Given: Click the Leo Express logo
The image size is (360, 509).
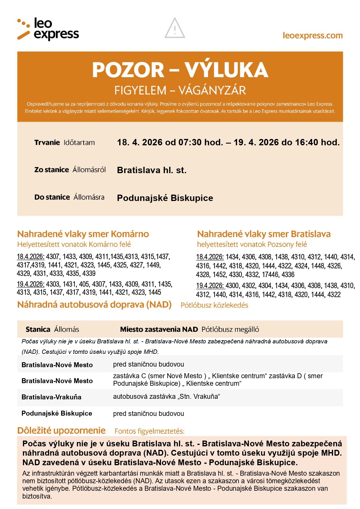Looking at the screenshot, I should point(48,29).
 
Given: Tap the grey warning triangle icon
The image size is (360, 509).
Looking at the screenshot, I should point(175,28).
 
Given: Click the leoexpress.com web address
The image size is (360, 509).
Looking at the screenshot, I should point(312,36).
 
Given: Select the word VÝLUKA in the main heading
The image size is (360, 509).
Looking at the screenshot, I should point(226,70).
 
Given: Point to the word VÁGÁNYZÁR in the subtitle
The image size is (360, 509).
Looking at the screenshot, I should point(212,90).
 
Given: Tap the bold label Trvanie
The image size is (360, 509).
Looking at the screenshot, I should point(47,143).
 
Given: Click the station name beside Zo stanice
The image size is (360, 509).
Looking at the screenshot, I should point(151,170).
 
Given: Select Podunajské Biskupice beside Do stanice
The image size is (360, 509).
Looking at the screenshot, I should point(165,198).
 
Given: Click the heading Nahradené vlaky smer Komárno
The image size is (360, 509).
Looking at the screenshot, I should point(83,234).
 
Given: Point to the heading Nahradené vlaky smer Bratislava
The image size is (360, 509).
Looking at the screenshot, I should point(264,234).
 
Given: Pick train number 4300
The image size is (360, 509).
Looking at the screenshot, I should point(232,286).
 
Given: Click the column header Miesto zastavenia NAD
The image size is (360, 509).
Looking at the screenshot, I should point(159,329).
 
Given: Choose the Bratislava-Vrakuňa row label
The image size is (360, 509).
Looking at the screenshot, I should point(51,397).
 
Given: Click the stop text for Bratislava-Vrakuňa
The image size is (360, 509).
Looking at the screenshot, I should point(167,396).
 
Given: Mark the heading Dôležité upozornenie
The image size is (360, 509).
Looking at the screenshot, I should point(61,431).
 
